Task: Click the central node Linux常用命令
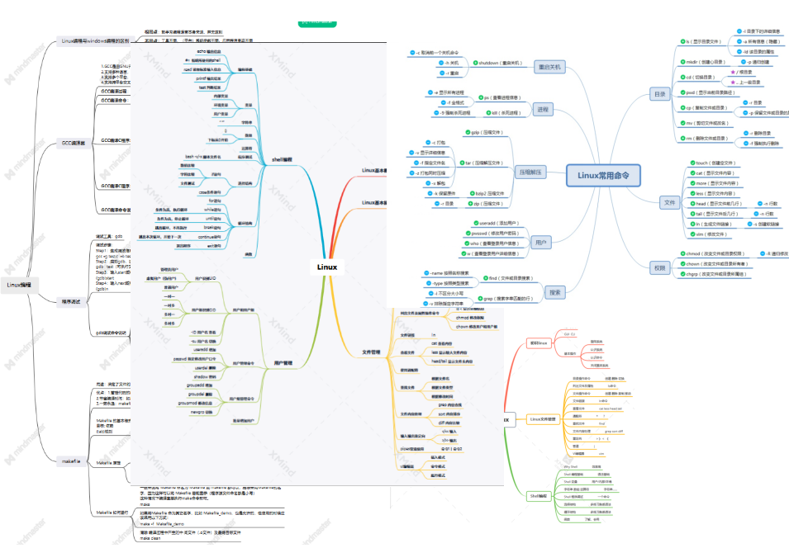click(x=602, y=175)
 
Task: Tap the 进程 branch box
click(x=542, y=109)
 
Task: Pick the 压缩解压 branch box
click(x=530, y=172)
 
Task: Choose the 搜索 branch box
click(x=554, y=292)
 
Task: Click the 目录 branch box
click(x=658, y=93)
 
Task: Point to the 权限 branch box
click(x=658, y=267)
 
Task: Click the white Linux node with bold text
click(x=327, y=267)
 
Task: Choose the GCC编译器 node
click(x=74, y=143)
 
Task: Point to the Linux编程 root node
click(x=19, y=285)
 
